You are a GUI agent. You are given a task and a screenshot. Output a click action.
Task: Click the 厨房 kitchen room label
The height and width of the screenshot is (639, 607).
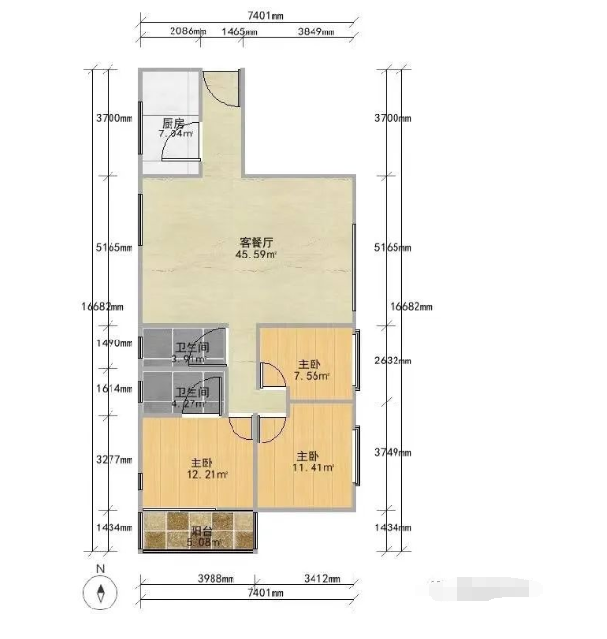[172, 124]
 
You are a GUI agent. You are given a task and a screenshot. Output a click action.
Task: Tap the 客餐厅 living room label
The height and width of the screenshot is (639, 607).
[256, 242]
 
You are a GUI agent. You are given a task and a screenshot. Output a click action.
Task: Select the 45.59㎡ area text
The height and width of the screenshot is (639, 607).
[256, 255]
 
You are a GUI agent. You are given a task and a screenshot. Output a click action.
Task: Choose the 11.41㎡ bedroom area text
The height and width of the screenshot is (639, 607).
[314, 467]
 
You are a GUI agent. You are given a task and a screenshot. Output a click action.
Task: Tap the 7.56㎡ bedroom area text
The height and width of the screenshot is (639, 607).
[311, 376]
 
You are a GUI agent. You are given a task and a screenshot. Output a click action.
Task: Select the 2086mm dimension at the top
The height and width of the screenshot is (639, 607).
[188, 31]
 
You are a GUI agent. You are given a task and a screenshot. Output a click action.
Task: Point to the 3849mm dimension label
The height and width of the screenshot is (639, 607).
[315, 31]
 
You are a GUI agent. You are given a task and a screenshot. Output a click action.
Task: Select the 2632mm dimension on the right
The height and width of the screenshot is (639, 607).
[392, 361]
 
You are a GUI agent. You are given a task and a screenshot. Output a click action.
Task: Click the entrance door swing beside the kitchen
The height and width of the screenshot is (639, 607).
[221, 88]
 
